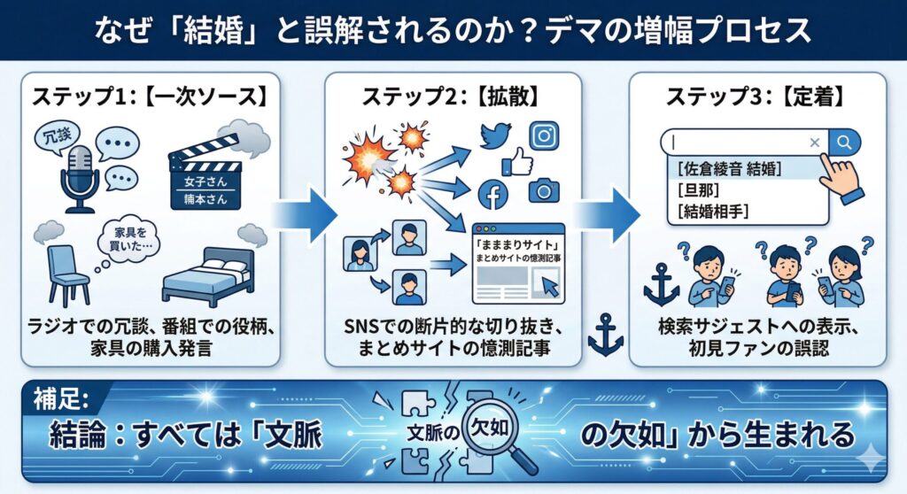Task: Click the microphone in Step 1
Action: tap(79, 177)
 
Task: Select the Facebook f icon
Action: tap(492, 196)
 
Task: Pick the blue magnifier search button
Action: tap(845, 142)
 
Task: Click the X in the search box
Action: tap(815, 143)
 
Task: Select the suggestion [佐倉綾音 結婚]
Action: tap(732, 167)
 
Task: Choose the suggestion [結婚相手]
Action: tap(712, 211)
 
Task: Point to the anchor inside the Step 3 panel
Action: tap(661, 284)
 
